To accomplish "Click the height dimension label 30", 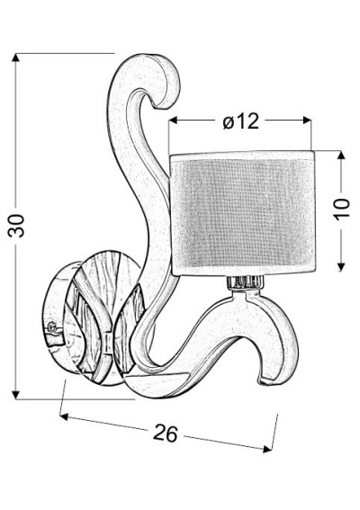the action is (x=16, y=226).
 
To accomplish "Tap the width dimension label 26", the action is (x=166, y=433).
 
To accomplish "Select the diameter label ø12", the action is (x=241, y=121).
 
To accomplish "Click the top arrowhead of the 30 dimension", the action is (x=15, y=58).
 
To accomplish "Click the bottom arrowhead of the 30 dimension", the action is (x=15, y=395).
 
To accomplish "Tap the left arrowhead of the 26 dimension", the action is (x=64, y=416).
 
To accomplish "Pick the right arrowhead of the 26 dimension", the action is (x=267, y=449).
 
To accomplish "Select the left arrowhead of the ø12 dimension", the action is (x=173, y=120).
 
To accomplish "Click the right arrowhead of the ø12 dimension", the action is (x=307, y=120).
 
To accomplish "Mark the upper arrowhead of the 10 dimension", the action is (x=341, y=155).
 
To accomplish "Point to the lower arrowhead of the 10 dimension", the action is (x=341, y=267).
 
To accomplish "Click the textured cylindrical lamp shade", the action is (x=242, y=213).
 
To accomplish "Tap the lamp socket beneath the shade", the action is (x=244, y=282).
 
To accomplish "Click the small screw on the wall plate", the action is (x=51, y=327).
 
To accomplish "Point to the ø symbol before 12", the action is (x=229, y=122).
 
